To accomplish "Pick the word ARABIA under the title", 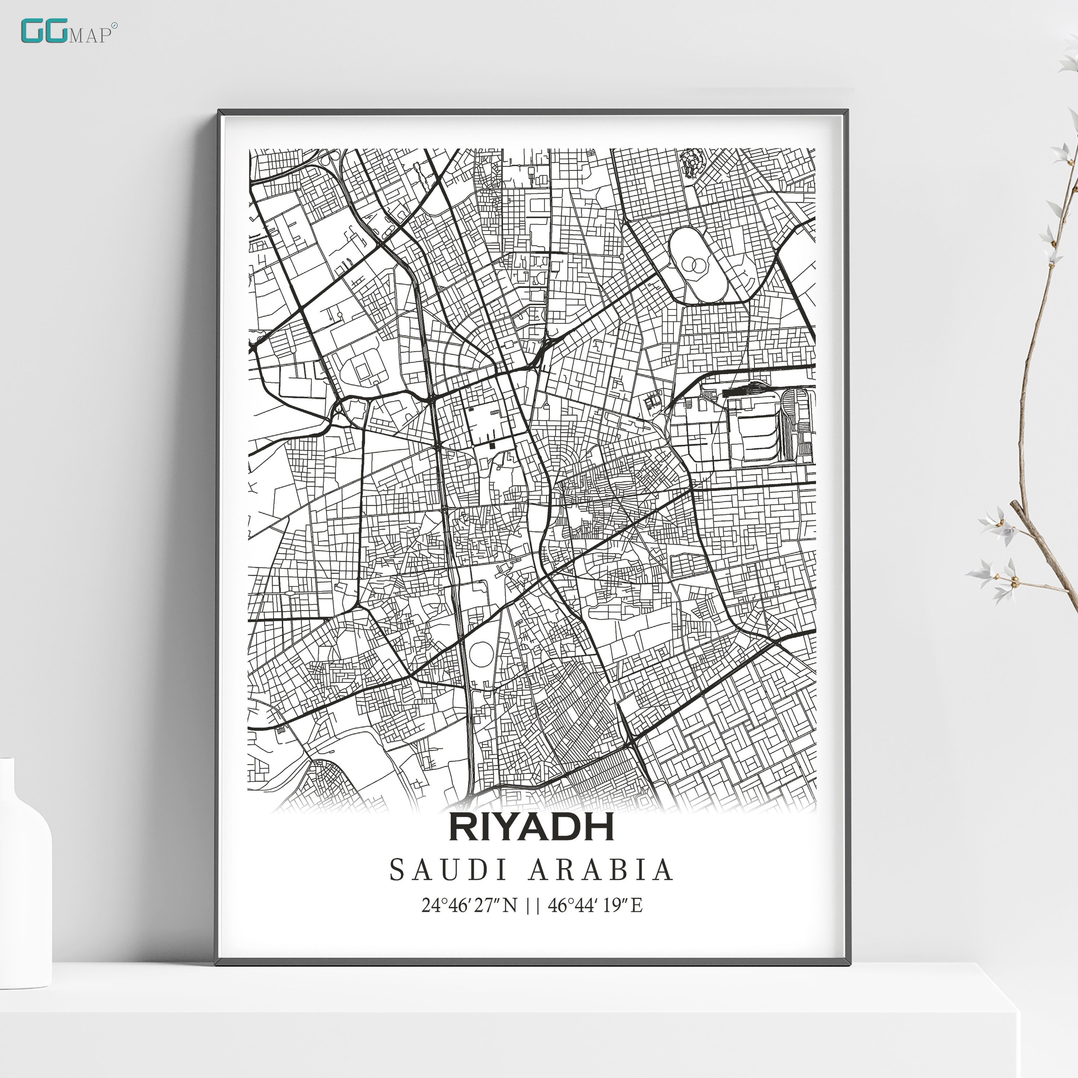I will [601, 870].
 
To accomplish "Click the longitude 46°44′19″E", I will [595, 905].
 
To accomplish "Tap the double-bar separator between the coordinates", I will [533, 905].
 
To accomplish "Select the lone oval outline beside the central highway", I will [481, 653].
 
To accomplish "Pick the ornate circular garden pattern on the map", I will [691, 162].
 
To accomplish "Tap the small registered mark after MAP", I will [115, 26].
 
